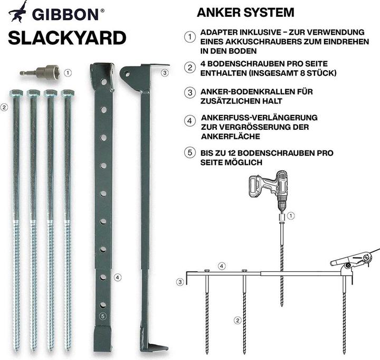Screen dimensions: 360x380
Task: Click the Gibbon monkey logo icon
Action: point(18,12)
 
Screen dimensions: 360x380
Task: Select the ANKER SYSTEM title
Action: point(245,12)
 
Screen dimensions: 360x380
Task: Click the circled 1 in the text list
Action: point(189,37)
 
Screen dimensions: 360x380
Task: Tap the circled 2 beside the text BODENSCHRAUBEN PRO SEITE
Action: point(189,68)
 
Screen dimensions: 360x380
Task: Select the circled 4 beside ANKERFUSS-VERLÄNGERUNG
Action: point(189,122)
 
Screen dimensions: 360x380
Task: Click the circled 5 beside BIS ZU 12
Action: point(189,153)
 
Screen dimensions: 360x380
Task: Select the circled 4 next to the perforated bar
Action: point(118,276)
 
